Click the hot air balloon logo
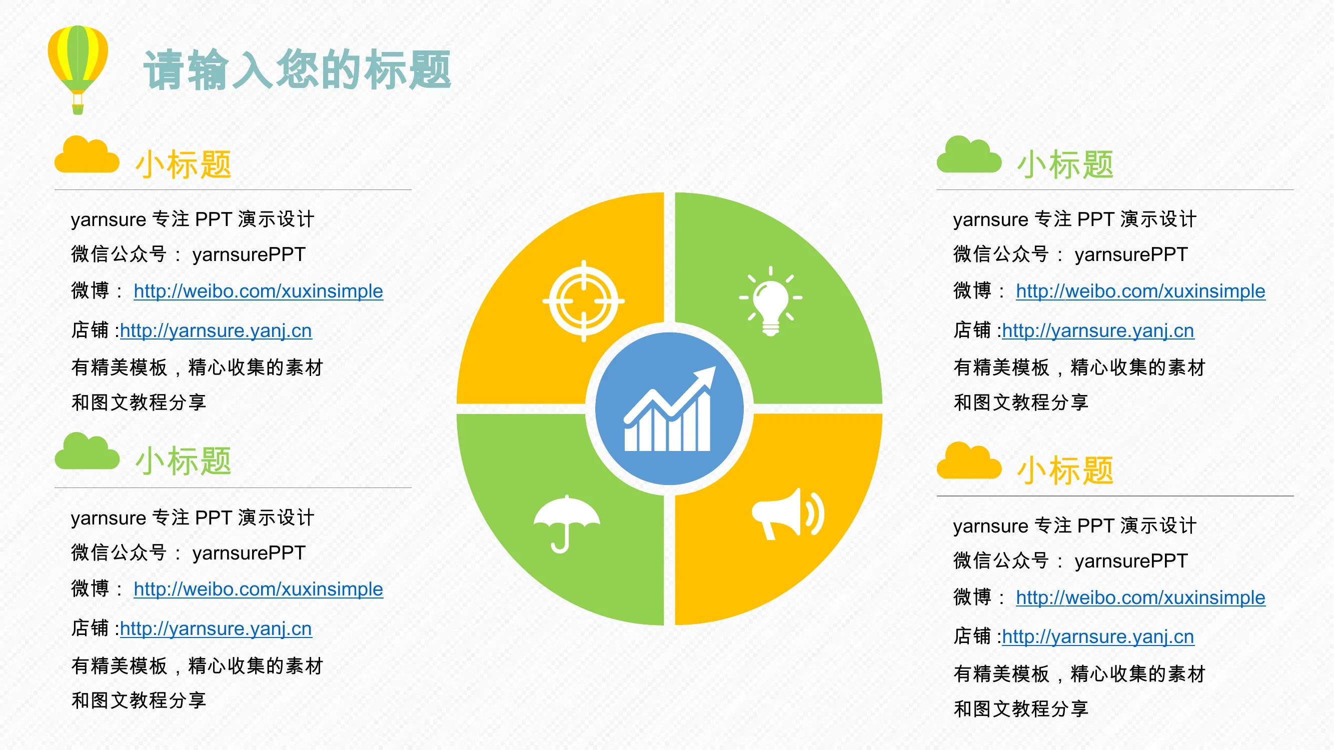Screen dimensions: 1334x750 78,69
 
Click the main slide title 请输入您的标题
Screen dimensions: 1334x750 297,70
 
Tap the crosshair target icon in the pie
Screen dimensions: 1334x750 584,300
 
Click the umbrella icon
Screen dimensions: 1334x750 567,523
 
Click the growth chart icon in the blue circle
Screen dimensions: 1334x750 670,409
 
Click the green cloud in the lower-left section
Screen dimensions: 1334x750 87,451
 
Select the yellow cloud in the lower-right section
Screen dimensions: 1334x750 969,460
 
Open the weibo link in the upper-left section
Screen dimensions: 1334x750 259,291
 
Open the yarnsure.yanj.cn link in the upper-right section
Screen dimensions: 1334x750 1098,330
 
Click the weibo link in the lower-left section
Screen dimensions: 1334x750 259,589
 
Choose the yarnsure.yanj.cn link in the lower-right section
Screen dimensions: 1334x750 1098,636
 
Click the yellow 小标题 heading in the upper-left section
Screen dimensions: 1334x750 184,164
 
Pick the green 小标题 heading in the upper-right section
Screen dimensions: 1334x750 1065,164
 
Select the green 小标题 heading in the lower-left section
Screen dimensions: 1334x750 184,461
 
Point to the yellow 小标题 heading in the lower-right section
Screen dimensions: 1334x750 1065,470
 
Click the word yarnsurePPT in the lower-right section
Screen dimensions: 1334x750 1131,561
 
